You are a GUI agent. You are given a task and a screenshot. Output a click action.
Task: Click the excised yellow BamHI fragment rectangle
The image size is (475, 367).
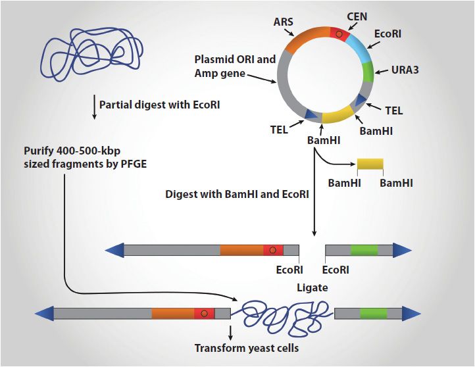pos(370,164)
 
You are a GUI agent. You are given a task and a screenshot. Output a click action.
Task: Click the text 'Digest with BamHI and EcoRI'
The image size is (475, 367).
pos(235,194)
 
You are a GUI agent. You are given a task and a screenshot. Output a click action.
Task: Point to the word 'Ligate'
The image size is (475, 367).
pos(311,287)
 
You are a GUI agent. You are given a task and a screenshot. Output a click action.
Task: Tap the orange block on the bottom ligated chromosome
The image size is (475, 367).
pos(172,314)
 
